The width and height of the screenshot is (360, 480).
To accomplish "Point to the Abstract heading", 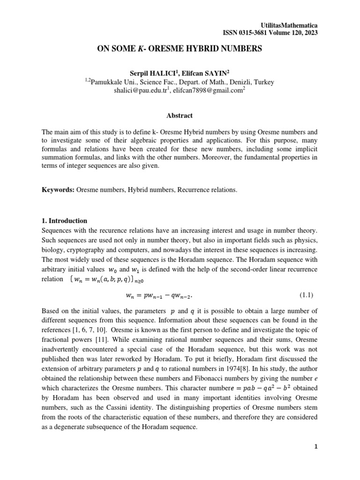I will (x=180, y=115).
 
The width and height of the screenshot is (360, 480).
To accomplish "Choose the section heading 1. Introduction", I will (x=64, y=220).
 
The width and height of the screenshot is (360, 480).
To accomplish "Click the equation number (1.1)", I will (x=306, y=295).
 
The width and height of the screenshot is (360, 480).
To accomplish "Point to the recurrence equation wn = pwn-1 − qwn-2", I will (x=159, y=296).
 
